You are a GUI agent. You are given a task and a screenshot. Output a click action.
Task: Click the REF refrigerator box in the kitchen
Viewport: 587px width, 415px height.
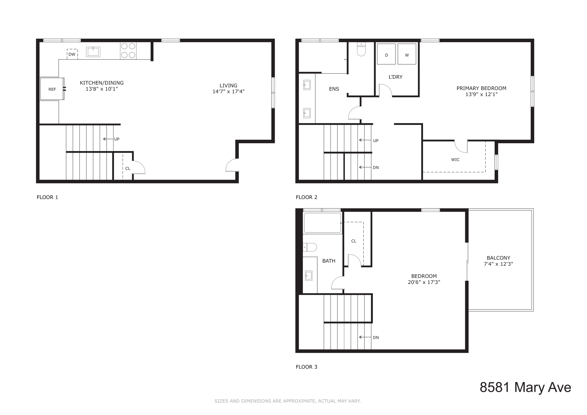pos(52,89)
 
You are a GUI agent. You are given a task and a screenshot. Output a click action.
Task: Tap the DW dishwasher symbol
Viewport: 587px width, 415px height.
pos(72,54)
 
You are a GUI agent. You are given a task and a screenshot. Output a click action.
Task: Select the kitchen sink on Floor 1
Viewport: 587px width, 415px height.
pos(93,52)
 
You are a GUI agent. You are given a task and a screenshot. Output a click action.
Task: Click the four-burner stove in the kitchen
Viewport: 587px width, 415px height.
pos(128,50)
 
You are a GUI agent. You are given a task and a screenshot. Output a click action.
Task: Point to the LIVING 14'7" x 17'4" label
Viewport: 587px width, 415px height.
pos(228,89)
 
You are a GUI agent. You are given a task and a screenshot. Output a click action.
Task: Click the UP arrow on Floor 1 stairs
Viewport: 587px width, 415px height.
pos(108,139)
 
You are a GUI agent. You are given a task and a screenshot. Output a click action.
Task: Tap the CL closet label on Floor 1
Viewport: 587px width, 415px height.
pos(128,169)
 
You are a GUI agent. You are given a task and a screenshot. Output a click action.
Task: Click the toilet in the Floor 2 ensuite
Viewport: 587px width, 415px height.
pos(361,50)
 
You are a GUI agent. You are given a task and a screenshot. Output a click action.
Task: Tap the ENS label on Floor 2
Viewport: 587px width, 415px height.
pos(334,89)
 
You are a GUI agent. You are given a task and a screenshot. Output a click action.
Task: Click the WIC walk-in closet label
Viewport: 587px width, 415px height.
pos(455,160)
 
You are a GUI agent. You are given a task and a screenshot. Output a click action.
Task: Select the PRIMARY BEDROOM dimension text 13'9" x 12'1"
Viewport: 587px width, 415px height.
pos(481,94)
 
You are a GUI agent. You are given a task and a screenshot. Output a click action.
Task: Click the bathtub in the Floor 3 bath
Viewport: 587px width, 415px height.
pos(322,223)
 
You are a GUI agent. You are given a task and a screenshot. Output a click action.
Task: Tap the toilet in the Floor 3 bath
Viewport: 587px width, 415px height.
pos(310,247)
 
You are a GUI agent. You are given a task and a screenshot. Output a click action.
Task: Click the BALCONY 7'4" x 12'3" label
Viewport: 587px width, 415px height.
pos(498,261)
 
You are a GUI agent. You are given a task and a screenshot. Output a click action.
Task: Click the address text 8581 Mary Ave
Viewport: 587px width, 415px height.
pos(525,387)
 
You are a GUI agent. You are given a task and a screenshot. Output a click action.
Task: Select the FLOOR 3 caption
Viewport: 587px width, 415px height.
pos(306,367)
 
